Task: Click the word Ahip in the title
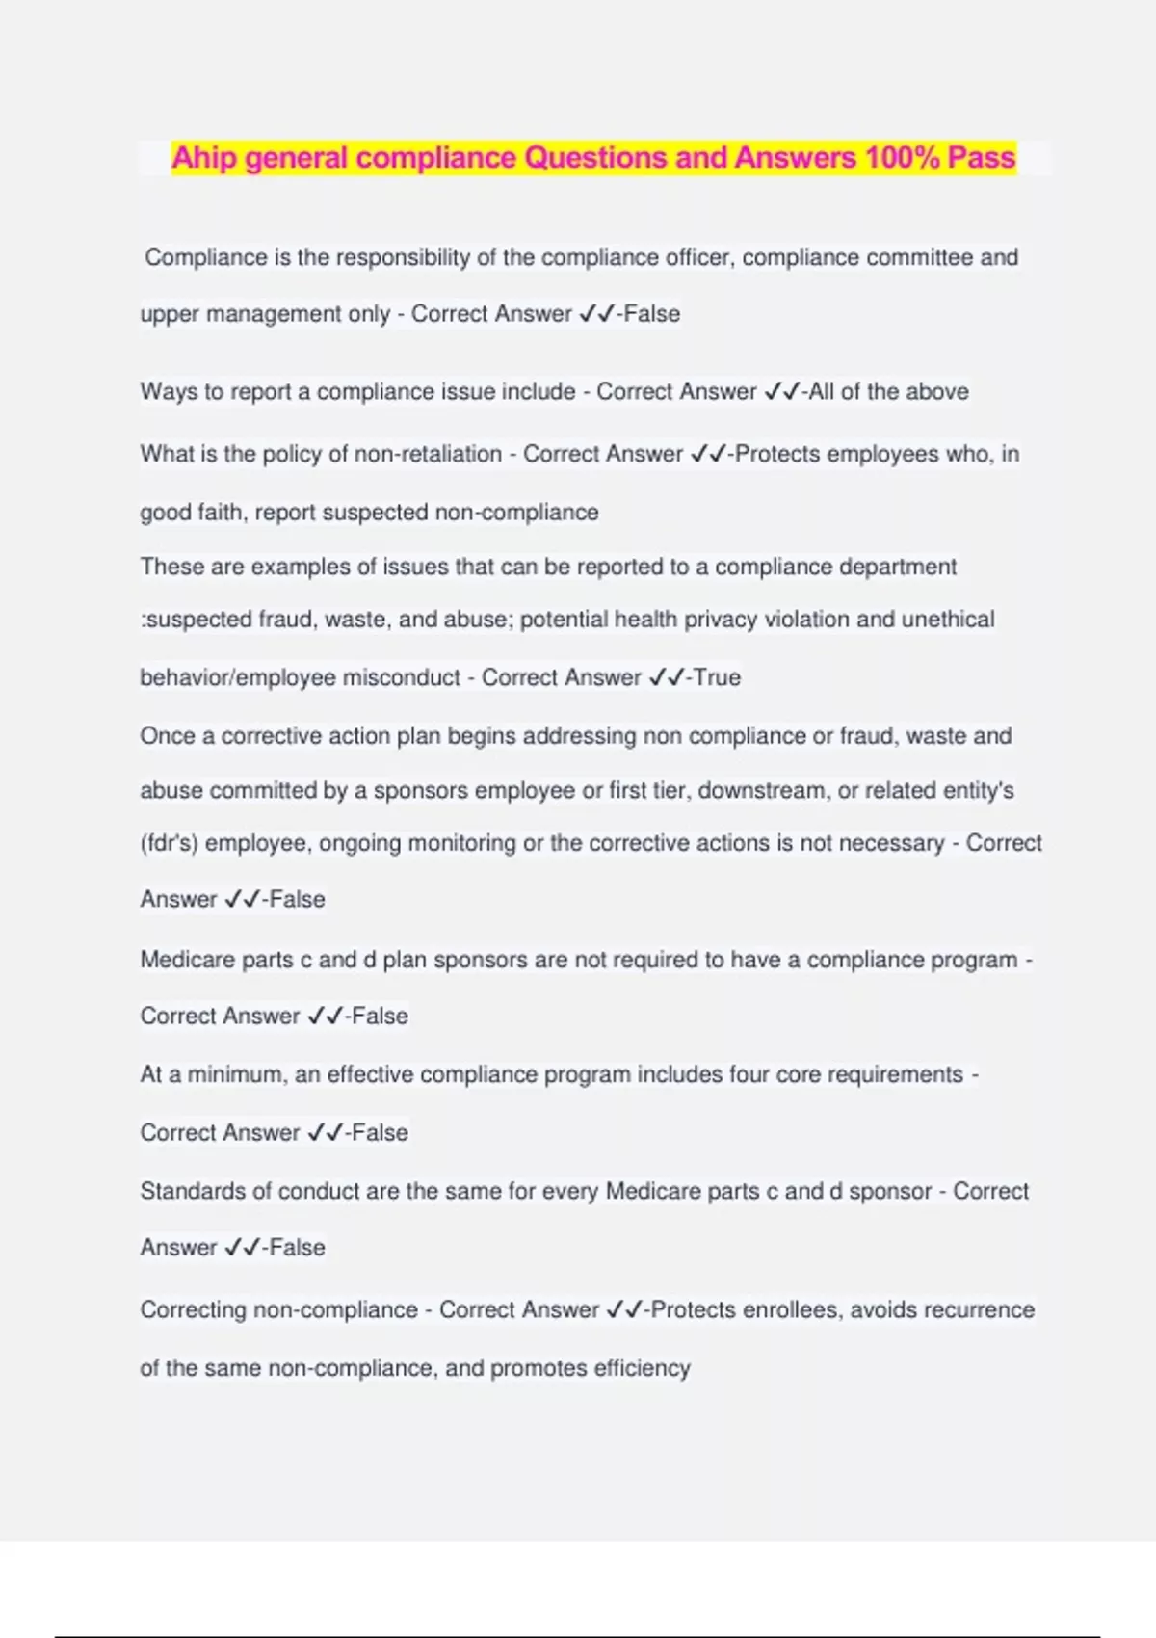pyautogui.click(x=204, y=158)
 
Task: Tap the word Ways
pyautogui.click(x=168, y=392)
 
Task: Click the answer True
pyautogui.click(x=718, y=677)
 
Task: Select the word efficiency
pyautogui.click(x=643, y=1368)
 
